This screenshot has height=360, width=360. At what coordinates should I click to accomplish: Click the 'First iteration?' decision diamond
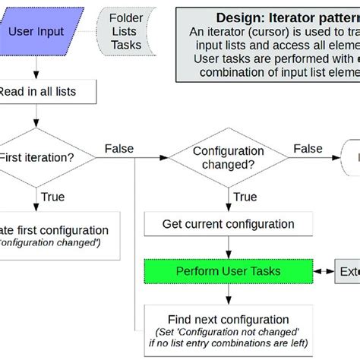pos(38,158)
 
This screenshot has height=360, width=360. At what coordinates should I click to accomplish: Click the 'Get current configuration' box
pos(229,224)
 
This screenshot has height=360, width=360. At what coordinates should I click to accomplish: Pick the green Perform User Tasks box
pos(229,271)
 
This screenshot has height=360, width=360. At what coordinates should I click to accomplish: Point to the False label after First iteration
pos(120,148)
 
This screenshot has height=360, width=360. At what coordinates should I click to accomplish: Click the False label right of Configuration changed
pos(308,148)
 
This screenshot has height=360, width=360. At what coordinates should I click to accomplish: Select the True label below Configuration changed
pos(245,196)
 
